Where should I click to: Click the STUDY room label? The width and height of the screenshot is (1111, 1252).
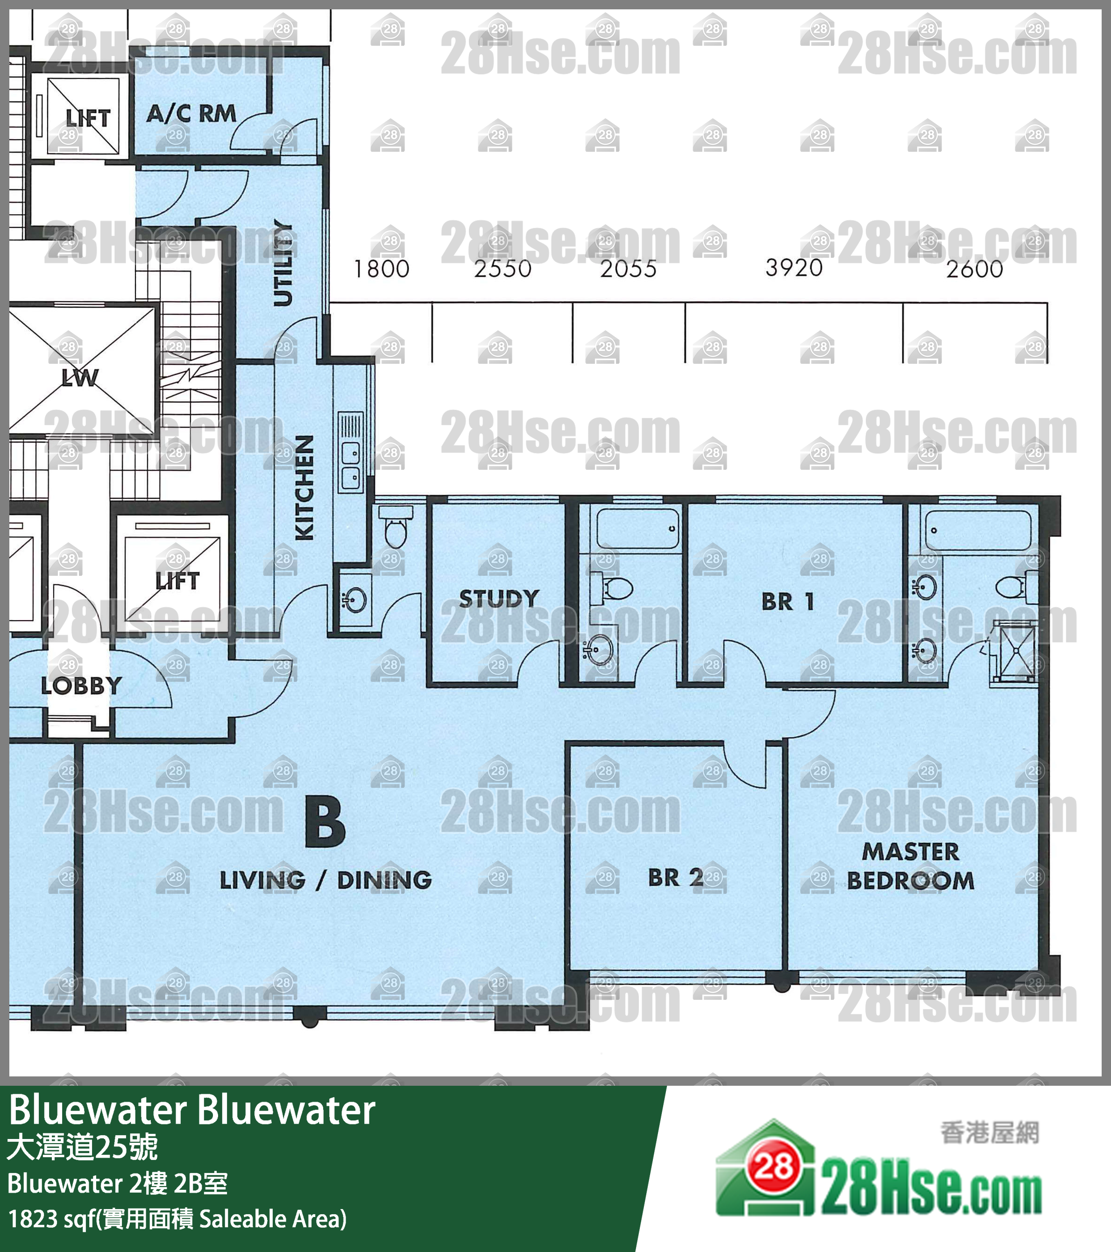point(499,598)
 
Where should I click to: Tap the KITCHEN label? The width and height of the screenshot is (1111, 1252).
point(304,488)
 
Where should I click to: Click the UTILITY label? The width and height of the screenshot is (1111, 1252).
point(283,263)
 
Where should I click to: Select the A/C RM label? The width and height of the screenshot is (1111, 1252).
point(191,113)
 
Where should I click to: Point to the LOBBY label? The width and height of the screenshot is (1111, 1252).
point(81,686)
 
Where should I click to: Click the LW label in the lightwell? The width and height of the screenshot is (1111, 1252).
point(79,377)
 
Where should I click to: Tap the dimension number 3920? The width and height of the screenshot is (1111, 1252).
point(794,268)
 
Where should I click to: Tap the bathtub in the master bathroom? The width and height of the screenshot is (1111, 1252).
point(978,530)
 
